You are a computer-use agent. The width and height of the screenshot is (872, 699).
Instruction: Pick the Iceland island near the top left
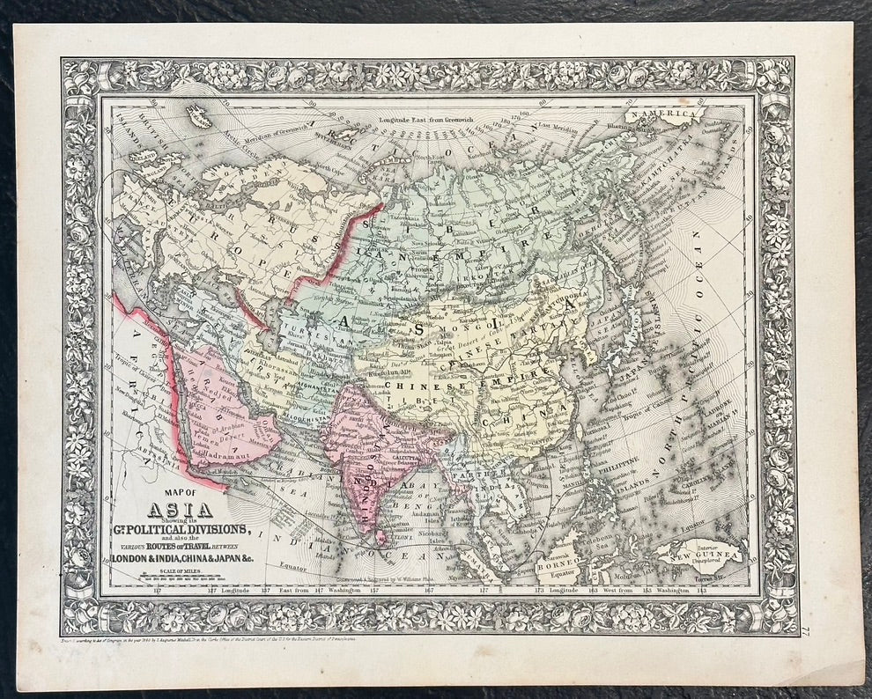point(199,115)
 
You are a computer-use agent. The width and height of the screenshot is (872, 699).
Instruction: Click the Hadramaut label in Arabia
point(228,459)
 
